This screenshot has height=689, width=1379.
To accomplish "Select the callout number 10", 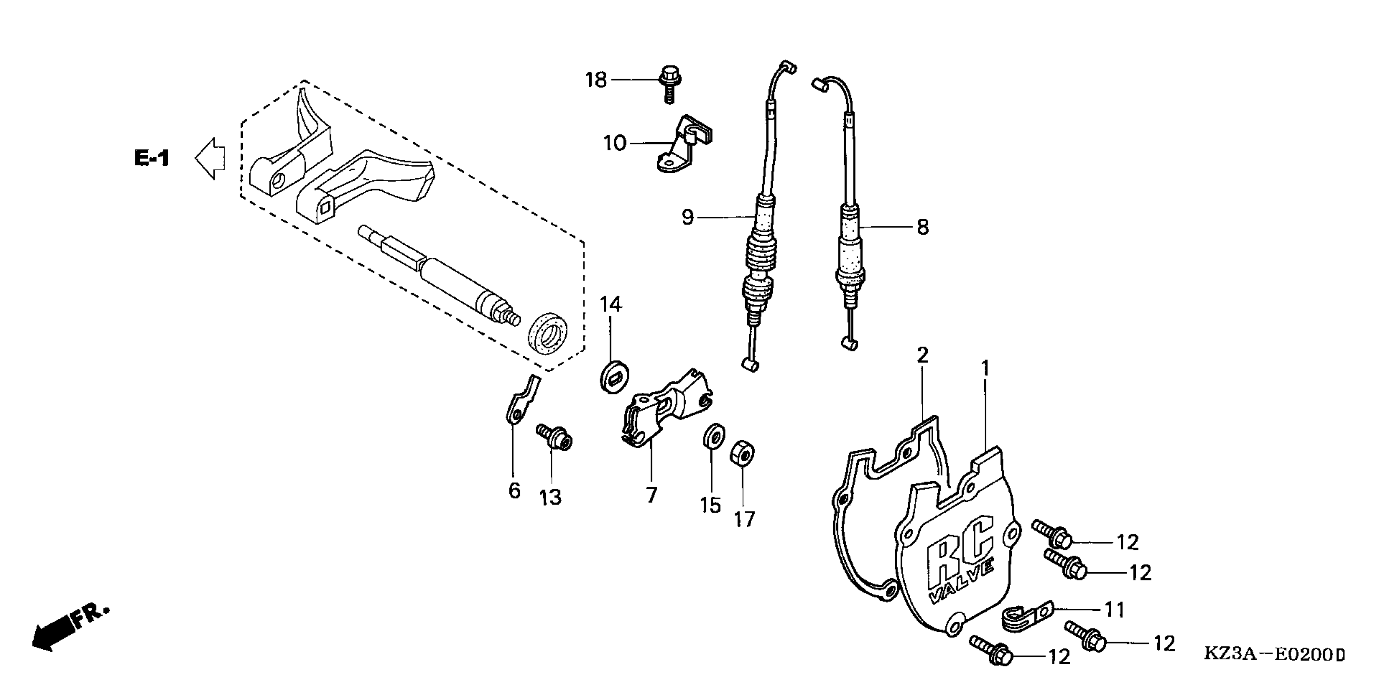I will [x=615, y=143].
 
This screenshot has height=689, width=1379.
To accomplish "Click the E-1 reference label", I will [x=152, y=158].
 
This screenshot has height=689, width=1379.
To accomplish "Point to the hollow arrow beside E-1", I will [x=210, y=158].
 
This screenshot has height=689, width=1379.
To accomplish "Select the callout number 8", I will [x=922, y=227].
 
